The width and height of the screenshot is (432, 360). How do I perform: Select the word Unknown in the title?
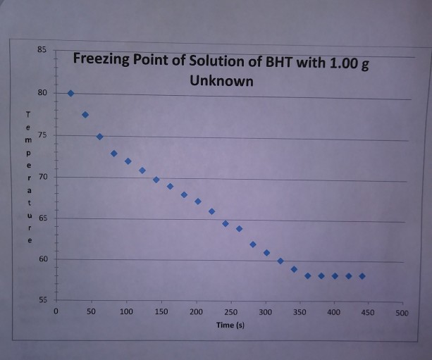tap(221, 81)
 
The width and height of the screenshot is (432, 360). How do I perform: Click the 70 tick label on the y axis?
tap(43, 176)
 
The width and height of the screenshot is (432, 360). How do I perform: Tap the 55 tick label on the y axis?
tap(42, 301)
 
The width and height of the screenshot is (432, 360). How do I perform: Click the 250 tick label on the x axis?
tap(230, 311)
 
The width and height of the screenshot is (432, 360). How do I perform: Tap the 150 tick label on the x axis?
tap(161, 311)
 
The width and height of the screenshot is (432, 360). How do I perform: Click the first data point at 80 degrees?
tap(70, 93)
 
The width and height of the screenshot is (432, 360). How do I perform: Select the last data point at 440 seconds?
tap(362, 276)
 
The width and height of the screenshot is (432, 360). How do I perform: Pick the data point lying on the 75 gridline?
tap(99, 136)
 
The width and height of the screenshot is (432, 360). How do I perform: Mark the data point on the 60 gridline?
tap(280, 261)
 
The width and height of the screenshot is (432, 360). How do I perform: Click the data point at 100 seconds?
tap(128, 161)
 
